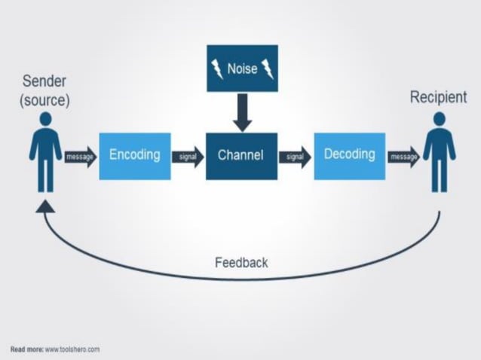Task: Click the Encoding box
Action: (135, 155)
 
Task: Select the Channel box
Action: (241, 156)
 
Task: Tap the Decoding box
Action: (349, 155)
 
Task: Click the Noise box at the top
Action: (242, 69)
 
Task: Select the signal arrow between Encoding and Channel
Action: (188, 157)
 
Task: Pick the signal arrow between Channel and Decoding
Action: (295, 157)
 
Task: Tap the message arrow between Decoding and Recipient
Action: (403, 157)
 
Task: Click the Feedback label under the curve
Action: (241, 263)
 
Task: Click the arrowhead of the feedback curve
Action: (45, 205)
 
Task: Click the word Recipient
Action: (438, 97)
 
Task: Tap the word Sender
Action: (45, 81)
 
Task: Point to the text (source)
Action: (45, 100)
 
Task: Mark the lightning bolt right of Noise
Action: (267, 69)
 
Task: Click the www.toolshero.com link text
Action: (72, 349)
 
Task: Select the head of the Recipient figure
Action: (439, 119)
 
